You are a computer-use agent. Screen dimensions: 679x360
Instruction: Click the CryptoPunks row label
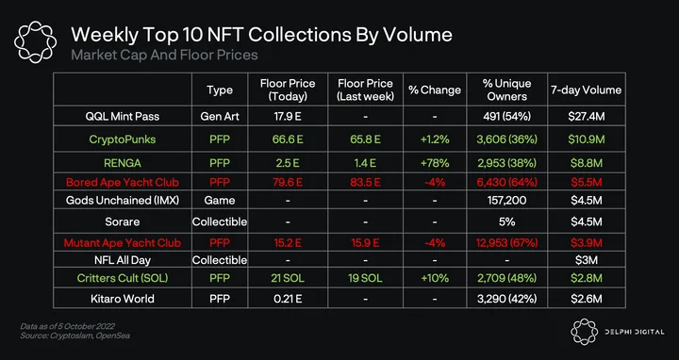pos(122,139)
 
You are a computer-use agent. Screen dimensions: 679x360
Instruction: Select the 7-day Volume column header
pos(586,90)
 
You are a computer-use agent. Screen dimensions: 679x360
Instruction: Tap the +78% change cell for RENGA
pos(435,163)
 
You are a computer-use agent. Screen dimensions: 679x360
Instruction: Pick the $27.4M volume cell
pos(586,116)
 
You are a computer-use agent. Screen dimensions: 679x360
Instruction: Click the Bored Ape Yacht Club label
pos(122,182)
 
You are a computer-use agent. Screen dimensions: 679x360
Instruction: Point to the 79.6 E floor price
pos(288,182)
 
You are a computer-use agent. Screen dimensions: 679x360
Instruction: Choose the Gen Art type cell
pos(220,116)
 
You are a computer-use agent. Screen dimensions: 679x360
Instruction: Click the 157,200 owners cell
pos(506,201)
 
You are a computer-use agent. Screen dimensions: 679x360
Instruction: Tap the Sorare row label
pos(122,221)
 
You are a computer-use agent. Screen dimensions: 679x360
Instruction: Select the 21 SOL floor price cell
pos(288,278)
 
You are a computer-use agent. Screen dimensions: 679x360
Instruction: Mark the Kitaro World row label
pos(122,299)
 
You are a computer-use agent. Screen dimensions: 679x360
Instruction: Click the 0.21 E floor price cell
pos(288,299)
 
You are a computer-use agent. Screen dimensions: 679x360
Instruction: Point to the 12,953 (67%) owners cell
pos(506,243)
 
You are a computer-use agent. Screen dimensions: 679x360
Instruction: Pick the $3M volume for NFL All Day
pos(586,260)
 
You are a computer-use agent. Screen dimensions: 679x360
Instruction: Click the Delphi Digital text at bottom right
pos(635,332)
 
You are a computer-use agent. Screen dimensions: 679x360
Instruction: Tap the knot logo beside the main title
pos(36,42)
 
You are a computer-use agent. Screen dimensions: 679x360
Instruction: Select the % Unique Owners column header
pos(506,90)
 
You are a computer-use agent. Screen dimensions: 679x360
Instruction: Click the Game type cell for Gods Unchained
pos(220,201)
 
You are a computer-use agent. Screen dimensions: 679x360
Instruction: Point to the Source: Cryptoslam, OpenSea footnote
pos(75,335)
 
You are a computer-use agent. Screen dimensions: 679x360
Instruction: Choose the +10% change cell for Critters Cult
pos(435,278)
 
